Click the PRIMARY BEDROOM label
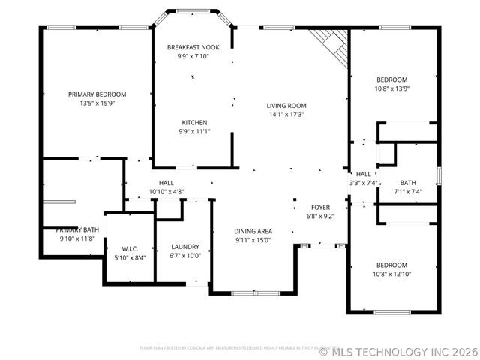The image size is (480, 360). click(97, 94)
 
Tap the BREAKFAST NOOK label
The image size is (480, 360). click(193, 47)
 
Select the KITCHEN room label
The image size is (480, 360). click(194, 122)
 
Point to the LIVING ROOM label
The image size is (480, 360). click(287, 106)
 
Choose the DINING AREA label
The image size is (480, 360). click(253, 231)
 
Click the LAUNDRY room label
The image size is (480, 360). click(185, 246)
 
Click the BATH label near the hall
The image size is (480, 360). click(408, 182)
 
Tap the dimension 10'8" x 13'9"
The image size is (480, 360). click(391, 89)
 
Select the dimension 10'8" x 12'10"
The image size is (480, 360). click(391, 274)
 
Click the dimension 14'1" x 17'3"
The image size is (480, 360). click(287, 115)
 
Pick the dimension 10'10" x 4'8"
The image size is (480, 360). click(166, 192)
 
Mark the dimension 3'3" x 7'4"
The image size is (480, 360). click(363, 183)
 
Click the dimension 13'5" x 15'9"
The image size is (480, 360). click(97, 103)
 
